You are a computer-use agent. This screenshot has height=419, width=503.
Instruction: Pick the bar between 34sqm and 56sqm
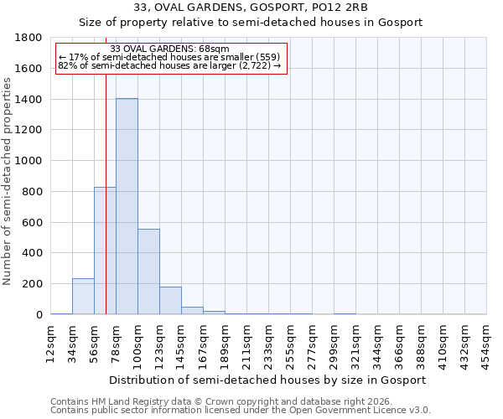coord(83,297)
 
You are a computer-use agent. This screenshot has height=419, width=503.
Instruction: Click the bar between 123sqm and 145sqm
coord(170,301)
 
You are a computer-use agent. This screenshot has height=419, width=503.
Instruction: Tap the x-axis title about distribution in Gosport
coord(268,380)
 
